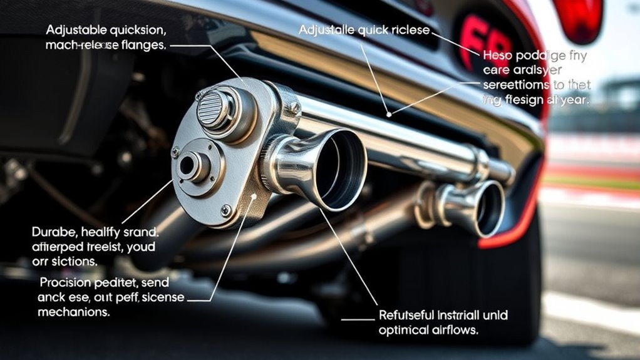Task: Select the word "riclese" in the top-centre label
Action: pos(408,30)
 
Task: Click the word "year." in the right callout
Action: pos(574,98)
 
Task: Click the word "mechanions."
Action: pos(73,311)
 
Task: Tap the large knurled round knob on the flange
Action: pos(215,108)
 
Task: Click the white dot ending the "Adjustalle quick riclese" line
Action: pos(390,115)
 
